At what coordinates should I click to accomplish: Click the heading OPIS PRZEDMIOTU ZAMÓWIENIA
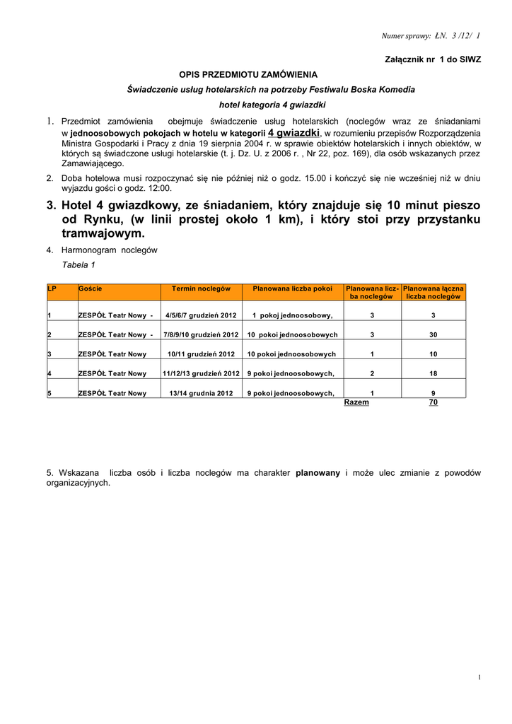(x=248, y=74)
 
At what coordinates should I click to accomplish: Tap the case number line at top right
(x=430, y=35)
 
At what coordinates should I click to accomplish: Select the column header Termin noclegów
(x=201, y=288)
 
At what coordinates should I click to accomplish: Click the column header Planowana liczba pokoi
(x=292, y=288)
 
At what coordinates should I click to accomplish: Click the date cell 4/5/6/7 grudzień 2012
(x=201, y=315)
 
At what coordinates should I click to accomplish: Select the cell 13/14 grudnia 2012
(x=201, y=393)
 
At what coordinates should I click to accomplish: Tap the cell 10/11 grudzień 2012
(x=201, y=354)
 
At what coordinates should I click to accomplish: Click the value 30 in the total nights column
(x=434, y=335)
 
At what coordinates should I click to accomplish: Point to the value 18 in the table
(x=434, y=373)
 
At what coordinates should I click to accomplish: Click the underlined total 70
(x=434, y=402)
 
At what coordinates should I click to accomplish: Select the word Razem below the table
(x=356, y=402)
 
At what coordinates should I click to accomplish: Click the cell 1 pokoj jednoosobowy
(x=292, y=315)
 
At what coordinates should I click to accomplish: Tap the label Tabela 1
(x=78, y=265)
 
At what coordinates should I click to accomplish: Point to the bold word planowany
(x=318, y=472)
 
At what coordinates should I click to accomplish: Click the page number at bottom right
(x=479, y=678)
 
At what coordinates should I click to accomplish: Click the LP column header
(x=52, y=288)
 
